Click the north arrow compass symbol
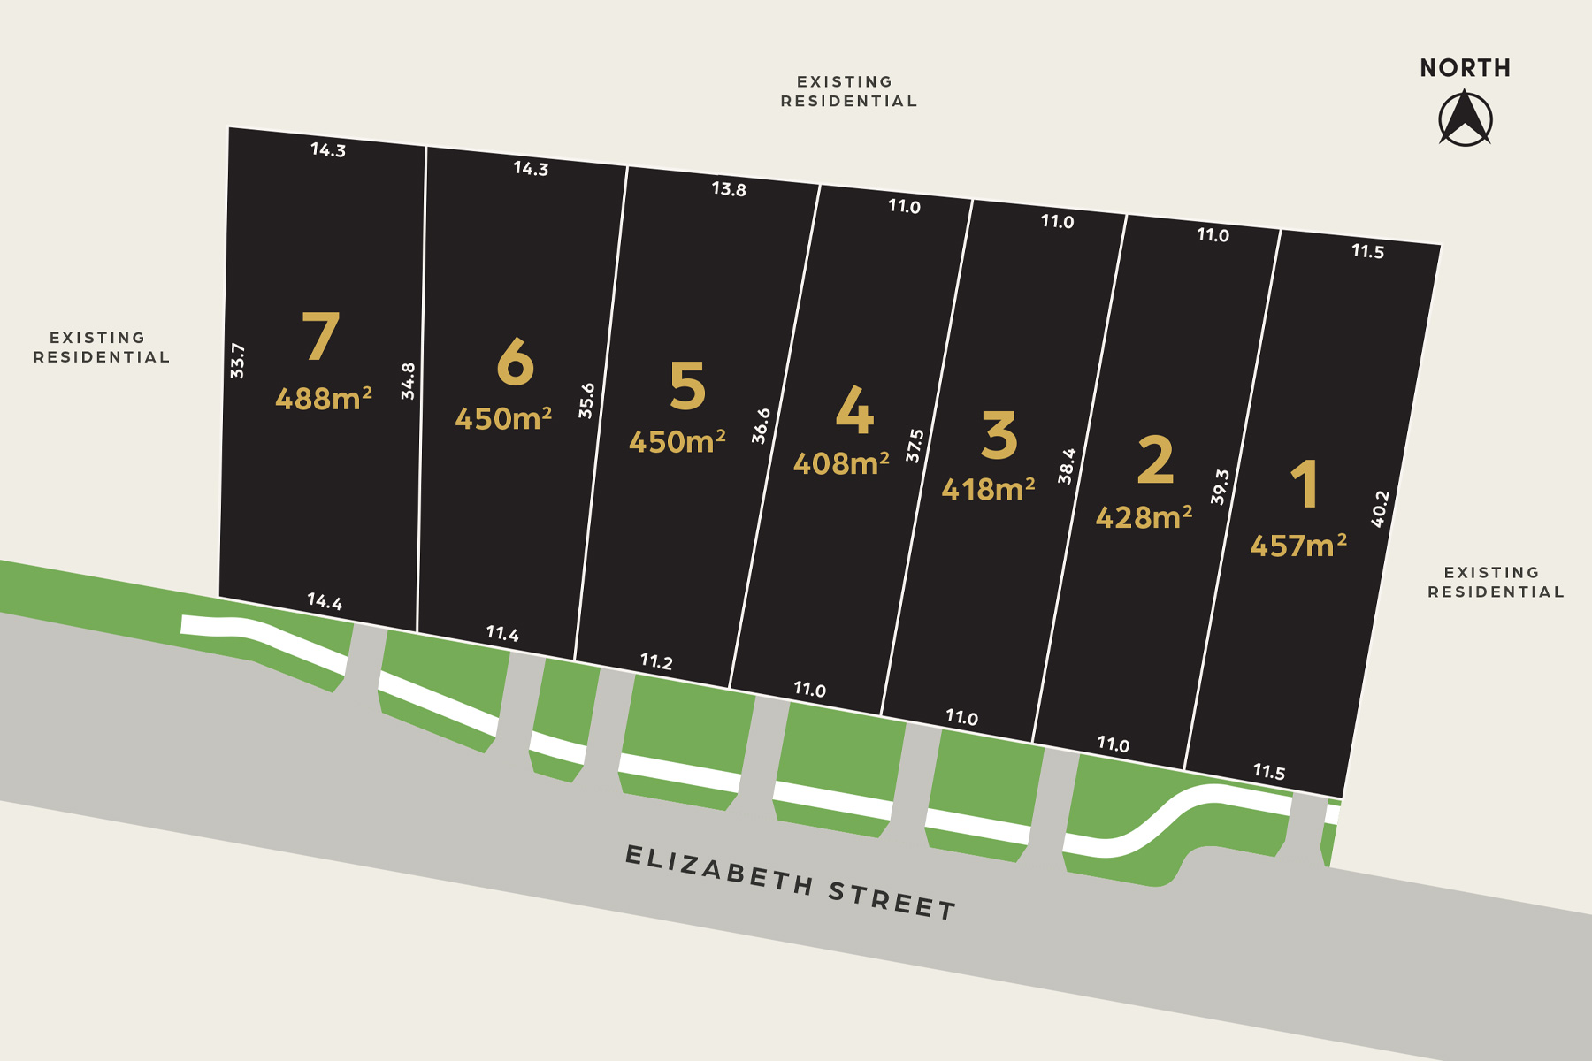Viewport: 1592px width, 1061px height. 1465,120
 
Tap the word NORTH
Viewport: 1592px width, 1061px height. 1465,68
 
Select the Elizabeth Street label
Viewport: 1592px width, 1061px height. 791,882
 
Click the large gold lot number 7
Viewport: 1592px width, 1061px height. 320,337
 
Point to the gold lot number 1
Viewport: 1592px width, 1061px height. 1305,485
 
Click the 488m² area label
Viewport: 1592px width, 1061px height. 323,399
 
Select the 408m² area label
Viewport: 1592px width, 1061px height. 841,463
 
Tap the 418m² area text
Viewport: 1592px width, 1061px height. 988,489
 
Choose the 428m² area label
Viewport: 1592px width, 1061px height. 1144,517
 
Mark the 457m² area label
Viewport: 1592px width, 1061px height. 1298,546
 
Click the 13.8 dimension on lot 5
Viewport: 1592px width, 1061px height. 729,189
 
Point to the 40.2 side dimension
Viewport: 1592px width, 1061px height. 1380,509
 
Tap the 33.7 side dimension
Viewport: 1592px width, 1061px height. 237,361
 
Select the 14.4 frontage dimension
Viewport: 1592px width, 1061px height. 325,602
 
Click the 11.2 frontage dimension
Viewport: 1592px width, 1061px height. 656,661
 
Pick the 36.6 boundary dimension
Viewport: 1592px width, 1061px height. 761,425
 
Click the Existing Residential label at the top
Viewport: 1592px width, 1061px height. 848,91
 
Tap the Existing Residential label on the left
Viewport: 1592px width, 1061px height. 101,347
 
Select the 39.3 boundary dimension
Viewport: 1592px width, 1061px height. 1220,487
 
